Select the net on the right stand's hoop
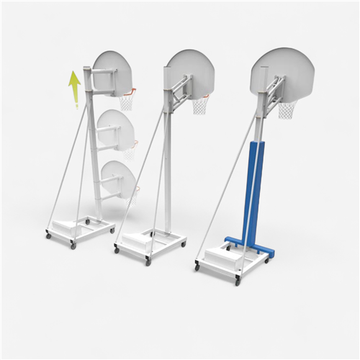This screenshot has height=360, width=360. tap(287, 110)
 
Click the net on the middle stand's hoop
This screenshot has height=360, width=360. tap(200, 107)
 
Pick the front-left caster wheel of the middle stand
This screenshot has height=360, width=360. tap(117, 249)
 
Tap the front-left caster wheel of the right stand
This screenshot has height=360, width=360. tap(197, 267)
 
